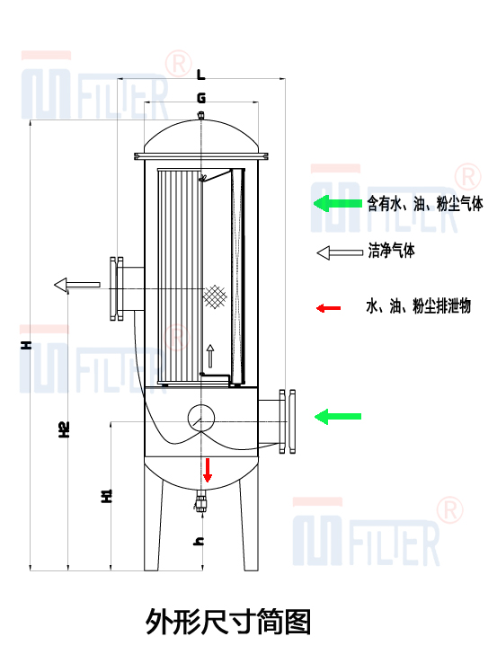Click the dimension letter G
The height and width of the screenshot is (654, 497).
(x=200, y=96)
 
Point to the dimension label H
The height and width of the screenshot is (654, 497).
(x=28, y=344)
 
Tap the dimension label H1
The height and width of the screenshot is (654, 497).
(x=105, y=496)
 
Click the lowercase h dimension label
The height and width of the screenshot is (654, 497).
(x=200, y=540)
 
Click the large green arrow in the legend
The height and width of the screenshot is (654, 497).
(x=336, y=204)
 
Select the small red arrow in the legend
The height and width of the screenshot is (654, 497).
(x=328, y=308)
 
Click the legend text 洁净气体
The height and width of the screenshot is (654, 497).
(x=392, y=252)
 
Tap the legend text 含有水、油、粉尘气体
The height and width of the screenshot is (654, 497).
(x=425, y=204)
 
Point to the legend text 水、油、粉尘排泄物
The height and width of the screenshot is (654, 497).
(x=418, y=307)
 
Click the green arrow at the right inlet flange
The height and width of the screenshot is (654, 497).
(x=337, y=416)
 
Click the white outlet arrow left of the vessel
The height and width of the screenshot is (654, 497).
(x=77, y=285)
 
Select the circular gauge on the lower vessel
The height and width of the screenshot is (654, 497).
(x=200, y=416)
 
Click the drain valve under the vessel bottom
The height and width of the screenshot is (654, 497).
(x=201, y=501)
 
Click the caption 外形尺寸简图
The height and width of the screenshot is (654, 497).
(x=228, y=621)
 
